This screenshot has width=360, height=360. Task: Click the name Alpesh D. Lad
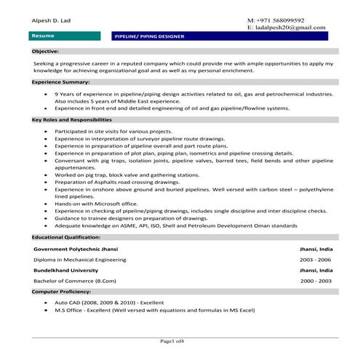[x=51, y=20]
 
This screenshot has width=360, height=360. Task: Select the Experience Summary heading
[x=60, y=82]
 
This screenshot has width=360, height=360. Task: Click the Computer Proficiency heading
[x=63, y=291]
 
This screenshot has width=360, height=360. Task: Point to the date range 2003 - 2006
[x=316, y=259]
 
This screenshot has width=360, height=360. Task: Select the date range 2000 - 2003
[x=316, y=280]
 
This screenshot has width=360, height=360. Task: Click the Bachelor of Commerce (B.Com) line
[x=73, y=280]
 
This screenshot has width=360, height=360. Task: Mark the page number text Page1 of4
[x=178, y=341]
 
